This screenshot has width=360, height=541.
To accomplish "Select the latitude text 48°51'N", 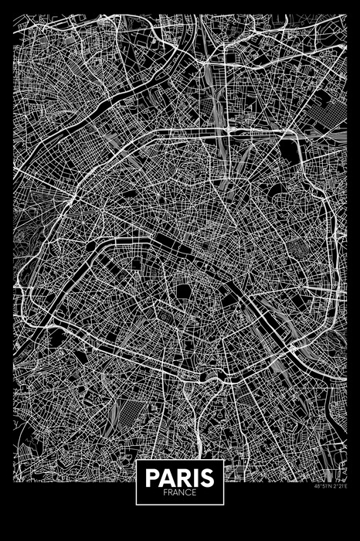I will tap(324, 488).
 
